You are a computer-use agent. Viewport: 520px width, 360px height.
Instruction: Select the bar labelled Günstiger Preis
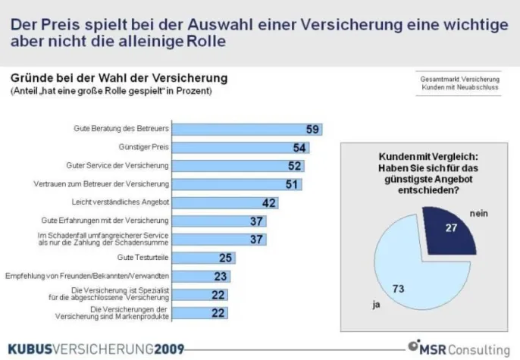click(243, 147)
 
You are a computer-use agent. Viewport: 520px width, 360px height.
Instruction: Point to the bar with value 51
click(238, 183)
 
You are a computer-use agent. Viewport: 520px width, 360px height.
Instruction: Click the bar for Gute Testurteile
click(205, 258)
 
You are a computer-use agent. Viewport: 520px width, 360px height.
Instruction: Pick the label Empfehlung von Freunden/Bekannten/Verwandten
click(87, 276)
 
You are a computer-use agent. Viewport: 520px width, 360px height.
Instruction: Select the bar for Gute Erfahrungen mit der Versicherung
click(220, 221)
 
